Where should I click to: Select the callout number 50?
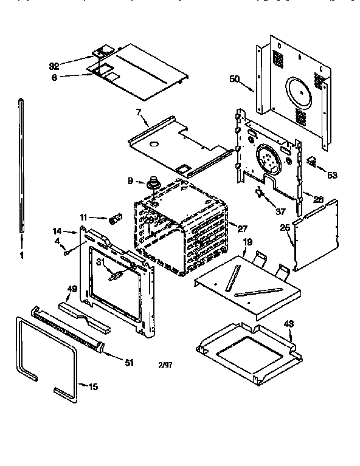click(x=235, y=78)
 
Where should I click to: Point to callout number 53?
click(x=331, y=175)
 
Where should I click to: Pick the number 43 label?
click(x=288, y=323)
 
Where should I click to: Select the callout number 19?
click(x=247, y=242)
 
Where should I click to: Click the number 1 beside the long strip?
click(x=22, y=256)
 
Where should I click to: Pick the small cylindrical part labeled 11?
click(x=114, y=218)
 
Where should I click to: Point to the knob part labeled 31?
click(x=114, y=276)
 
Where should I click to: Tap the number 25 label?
click(x=284, y=227)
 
